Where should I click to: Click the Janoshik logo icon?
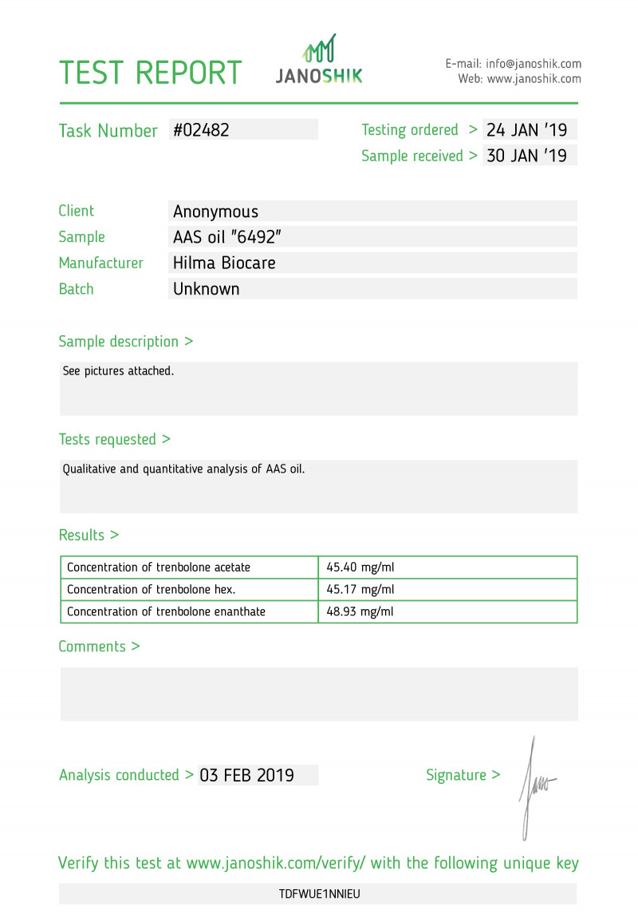pos(319,49)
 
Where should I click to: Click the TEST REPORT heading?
pos(150,73)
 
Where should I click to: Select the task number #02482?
pos(201,130)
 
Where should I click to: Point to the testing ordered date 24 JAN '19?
pos(526,130)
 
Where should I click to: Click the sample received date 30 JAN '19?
pos(526,156)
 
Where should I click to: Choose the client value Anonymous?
pos(215,212)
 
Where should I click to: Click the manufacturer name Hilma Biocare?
pos(224,263)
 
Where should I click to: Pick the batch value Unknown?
pos(206,289)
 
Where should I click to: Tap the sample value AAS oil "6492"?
pos(228,237)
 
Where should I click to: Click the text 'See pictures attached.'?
pos(118,371)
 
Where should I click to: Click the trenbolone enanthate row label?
pos(166,612)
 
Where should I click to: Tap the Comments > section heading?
pos(99,647)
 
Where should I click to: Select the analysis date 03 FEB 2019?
pos(246,775)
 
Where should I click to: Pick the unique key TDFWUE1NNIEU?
pos(319,894)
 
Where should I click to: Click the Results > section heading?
pos(89,535)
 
